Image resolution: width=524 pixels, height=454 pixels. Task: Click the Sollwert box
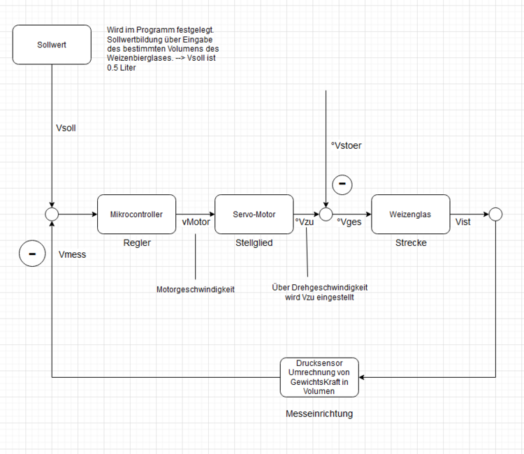pyautogui.click(x=52, y=44)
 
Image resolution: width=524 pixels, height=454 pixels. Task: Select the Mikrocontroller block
pyautogui.click(x=136, y=214)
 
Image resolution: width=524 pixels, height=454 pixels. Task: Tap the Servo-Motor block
pyautogui.click(x=254, y=214)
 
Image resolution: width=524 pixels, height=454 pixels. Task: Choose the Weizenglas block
pyautogui.click(x=410, y=214)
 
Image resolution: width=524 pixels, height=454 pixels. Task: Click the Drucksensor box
pyautogui.click(x=319, y=377)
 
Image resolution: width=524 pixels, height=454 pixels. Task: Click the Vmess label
pyautogui.click(x=73, y=255)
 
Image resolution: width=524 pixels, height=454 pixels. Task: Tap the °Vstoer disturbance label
pyautogui.click(x=347, y=145)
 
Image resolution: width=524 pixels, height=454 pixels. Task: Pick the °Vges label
pyautogui.click(x=349, y=221)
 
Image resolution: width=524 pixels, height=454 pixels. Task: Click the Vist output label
pyautogui.click(x=463, y=221)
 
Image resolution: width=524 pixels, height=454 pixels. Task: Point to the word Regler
pyautogui.click(x=136, y=243)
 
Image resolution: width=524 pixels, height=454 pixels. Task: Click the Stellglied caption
pyautogui.click(x=254, y=243)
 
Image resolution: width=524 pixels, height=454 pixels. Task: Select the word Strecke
pyautogui.click(x=410, y=243)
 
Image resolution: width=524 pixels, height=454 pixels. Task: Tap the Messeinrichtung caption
pyautogui.click(x=319, y=413)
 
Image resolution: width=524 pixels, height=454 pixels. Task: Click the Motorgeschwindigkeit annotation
pyautogui.click(x=195, y=289)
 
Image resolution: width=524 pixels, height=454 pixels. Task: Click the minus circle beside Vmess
pyautogui.click(x=31, y=254)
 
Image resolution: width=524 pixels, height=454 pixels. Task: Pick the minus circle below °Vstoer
pyautogui.click(x=342, y=184)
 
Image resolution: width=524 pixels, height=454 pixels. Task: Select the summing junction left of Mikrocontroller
pyautogui.click(x=52, y=214)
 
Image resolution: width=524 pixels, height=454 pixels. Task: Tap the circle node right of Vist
pyautogui.click(x=495, y=214)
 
